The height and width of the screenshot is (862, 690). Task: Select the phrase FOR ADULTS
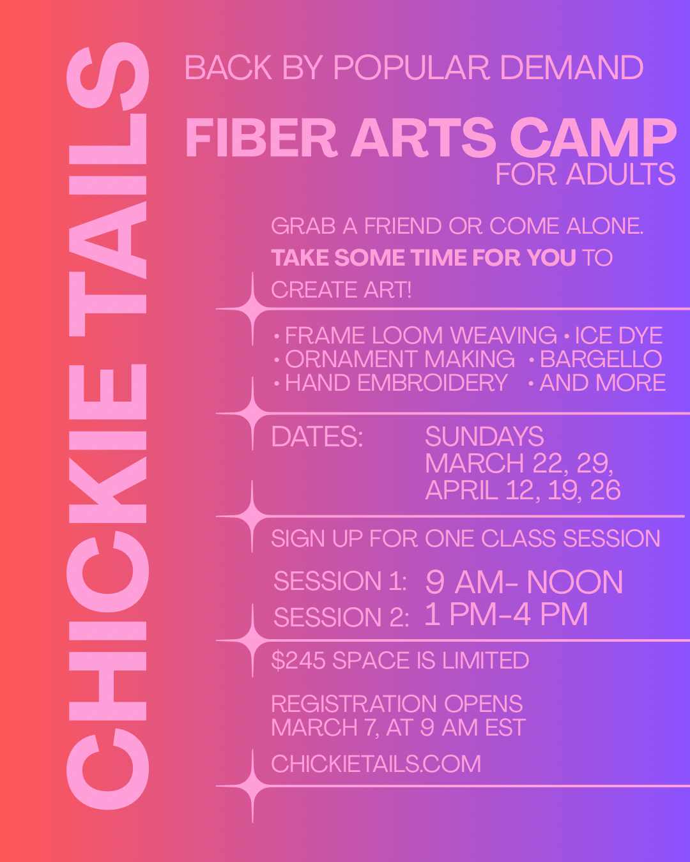click(x=585, y=174)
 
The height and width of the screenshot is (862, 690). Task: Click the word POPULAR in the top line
click(x=411, y=68)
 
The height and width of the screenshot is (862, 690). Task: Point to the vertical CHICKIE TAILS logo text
click(x=108, y=427)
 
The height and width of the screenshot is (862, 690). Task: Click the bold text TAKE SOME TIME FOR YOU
click(x=424, y=258)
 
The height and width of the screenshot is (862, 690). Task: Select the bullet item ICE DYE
click(x=618, y=336)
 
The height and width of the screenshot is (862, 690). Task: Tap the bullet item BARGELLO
click(x=601, y=359)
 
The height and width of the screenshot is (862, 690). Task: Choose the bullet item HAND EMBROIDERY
click(x=396, y=383)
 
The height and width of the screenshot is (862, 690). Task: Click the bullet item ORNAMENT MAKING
click(x=400, y=359)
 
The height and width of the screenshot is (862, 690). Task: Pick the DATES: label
click(x=317, y=437)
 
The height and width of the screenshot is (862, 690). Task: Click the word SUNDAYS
click(x=484, y=437)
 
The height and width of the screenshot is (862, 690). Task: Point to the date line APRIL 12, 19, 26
click(x=523, y=490)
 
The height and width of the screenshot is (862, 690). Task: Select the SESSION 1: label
click(x=340, y=582)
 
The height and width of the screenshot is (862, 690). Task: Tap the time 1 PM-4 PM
click(x=506, y=615)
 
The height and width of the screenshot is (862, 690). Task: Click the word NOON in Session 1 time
click(x=574, y=582)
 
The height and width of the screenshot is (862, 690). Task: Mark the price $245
click(x=298, y=661)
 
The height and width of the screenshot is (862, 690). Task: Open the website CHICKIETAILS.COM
click(x=376, y=764)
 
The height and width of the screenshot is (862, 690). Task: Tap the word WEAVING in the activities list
click(x=503, y=336)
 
